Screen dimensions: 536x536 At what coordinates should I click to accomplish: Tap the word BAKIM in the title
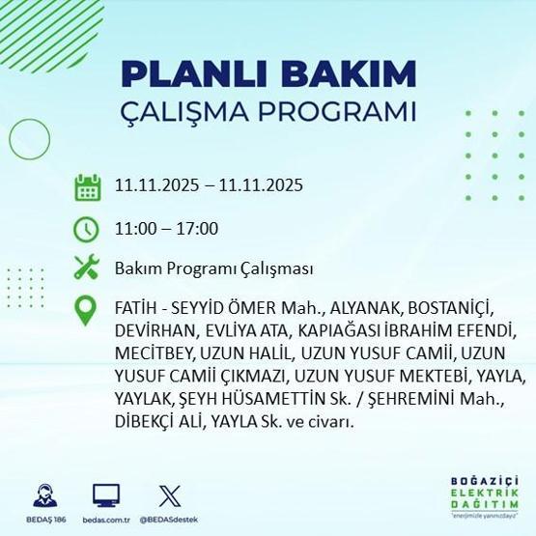[354, 74]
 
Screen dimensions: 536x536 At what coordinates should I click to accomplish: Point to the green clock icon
[88, 229]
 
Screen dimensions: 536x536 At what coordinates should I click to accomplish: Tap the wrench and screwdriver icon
[88, 268]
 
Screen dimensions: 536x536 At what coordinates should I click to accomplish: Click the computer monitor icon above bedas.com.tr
[106, 496]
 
